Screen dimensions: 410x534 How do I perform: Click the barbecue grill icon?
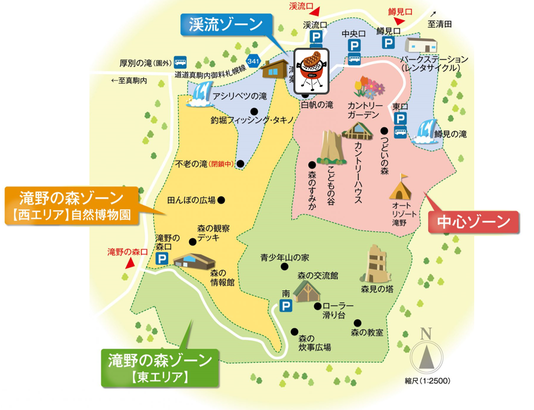311,71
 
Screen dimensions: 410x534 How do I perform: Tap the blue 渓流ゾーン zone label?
226,24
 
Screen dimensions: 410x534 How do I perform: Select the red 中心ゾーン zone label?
473,221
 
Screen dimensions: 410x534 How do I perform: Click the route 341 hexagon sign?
253,61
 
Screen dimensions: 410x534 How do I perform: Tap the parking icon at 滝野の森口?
162,259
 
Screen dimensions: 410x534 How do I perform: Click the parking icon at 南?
286,305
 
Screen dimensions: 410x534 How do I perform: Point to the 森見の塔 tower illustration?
375,264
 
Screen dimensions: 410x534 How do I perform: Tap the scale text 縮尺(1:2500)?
426,381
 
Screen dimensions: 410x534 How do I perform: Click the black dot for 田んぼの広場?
221,200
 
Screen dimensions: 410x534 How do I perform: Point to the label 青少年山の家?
284,258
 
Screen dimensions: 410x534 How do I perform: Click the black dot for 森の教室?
357,323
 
